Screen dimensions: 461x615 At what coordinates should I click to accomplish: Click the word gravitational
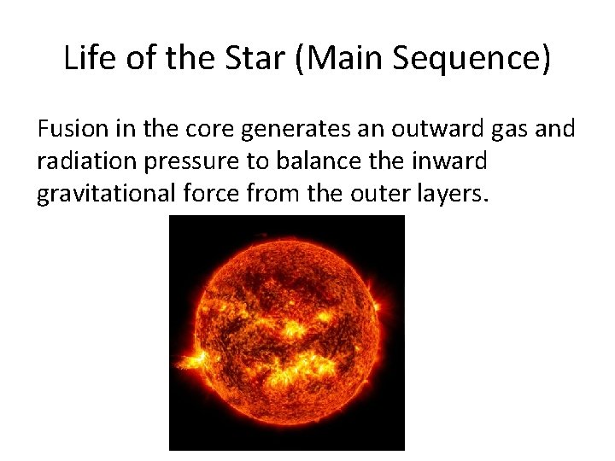coord(95,195)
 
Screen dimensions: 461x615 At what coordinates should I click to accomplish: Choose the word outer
coord(377,195)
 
